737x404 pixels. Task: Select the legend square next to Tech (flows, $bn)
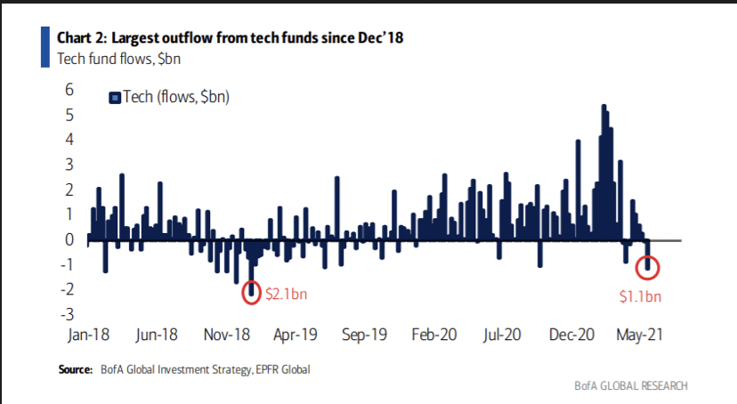click(x=114, y=98)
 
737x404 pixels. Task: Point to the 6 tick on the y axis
click(x=68, y=90)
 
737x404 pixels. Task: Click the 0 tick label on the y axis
click(x=68, y=239)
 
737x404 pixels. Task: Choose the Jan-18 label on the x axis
click(x=89, y=337)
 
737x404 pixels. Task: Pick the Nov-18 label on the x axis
click(x=230, y=337)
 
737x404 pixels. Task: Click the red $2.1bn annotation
click(x=286, y=294)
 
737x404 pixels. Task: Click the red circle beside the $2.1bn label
click(x=251, y=290)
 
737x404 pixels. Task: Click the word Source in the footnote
click(x=76, y=368)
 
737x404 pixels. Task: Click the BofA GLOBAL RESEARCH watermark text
click(x=631, y=385)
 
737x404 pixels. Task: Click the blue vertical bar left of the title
click(x=45, y=46)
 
